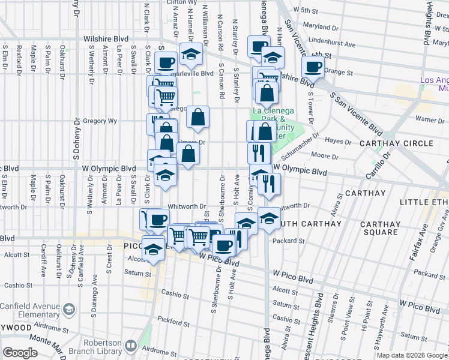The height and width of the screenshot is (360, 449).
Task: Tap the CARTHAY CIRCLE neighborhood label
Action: click(396, 143)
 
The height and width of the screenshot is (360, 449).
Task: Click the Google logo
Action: click(20, 353)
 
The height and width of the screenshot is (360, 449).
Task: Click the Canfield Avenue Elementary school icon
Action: click(69, 309)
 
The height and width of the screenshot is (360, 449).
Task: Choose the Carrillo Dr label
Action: click(379, 162)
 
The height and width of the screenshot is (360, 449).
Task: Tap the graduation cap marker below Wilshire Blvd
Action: click(191, 55)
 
